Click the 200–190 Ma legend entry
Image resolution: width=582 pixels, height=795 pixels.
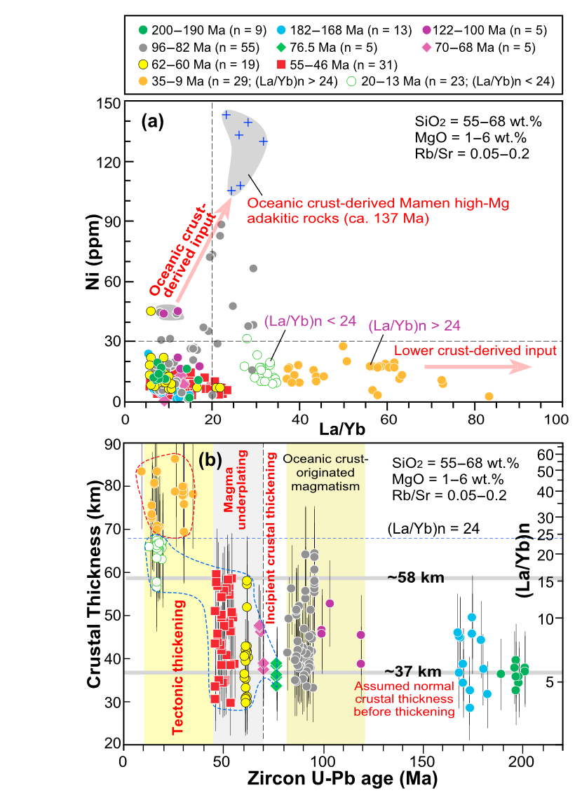point(203,30)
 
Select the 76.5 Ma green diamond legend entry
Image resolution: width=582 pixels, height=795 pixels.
point(327,48)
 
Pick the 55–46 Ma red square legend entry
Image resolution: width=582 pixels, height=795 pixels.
point(337,65)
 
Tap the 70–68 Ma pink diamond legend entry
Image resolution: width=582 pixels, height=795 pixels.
point(478,48)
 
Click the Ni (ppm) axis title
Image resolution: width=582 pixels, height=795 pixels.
point(93,252)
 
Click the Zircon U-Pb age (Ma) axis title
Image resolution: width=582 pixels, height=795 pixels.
point(342,777)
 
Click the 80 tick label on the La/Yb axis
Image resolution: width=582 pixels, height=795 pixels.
point(475,420)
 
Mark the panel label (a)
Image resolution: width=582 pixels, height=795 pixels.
point(152,121)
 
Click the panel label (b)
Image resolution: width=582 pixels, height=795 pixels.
point(210,460)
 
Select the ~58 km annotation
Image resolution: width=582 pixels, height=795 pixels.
point(416,577)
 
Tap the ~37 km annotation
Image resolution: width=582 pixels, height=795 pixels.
point(412,672)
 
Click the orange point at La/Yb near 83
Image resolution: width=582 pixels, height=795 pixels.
point(489,396)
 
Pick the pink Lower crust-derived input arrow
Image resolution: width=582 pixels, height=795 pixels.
point(478,366)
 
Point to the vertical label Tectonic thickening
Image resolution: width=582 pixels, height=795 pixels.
point(179,668)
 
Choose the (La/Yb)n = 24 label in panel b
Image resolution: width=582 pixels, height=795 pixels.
point(433,529)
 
